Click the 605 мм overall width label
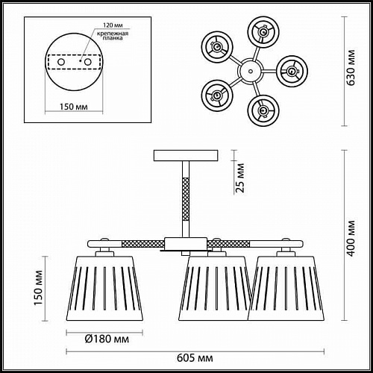195,358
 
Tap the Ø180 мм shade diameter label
107,339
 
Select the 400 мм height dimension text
351,238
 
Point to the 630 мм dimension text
351,68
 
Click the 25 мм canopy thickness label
240,178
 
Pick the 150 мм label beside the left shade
39,288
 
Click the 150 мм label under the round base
74,107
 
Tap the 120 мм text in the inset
113,25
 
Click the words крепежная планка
113,36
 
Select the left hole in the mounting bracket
61,62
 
